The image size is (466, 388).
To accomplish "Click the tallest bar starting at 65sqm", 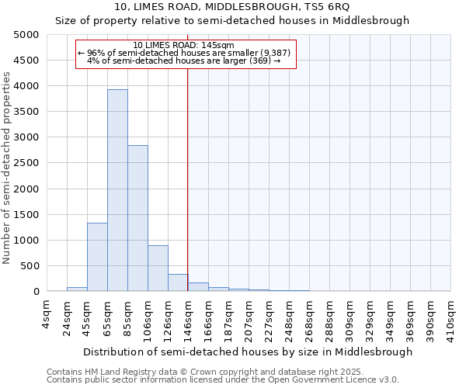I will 117,190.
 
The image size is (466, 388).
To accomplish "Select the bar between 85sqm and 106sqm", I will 137,218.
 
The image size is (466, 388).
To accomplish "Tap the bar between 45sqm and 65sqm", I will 97,257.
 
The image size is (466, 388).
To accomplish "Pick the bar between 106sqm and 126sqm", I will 158,268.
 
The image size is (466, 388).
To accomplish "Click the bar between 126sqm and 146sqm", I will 178,282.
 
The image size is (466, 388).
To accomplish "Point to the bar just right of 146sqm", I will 198,287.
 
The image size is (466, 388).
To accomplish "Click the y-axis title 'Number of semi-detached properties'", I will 8,167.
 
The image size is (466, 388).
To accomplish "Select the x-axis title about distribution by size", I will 248,352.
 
